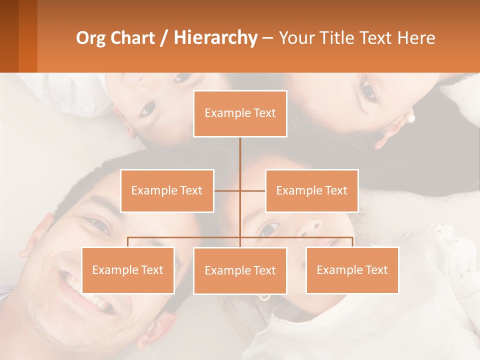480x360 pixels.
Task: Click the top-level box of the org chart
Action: tap(240, 113)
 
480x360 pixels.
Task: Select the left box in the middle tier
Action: tap(167, 190)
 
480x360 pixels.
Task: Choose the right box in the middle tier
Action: tap(311, 190)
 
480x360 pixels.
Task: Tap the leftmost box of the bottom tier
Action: tap(128, 270)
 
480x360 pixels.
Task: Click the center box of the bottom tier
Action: tap(240, 270)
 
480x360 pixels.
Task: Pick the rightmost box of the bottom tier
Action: tap(352, 270)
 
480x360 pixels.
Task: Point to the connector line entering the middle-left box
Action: tap(226, 190)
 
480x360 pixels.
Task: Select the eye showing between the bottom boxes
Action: tap(269, 229)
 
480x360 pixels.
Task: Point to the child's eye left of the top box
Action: tap(148, 107)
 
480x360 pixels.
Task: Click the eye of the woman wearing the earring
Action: tap(369, 90)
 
